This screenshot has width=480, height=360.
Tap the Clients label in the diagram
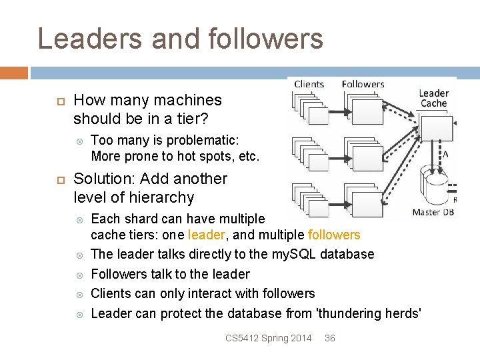pyautogui.click(x=309, y=84)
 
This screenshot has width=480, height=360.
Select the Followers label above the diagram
pyautogui.click(x=363, y=84)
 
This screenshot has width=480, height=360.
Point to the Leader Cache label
pyautogui.click(x=433, y=98)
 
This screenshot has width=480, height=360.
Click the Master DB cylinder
pyautogui.click(x=437, y=183)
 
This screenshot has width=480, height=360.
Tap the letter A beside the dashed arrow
pyautogui.click(x=445, y=154)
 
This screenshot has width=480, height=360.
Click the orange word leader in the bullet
pyautogui.click(x=207, y=235)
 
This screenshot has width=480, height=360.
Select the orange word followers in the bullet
pyautogui.click(x=334, y=235)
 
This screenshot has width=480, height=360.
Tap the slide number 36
pyautogui.click(x=329, y=338)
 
